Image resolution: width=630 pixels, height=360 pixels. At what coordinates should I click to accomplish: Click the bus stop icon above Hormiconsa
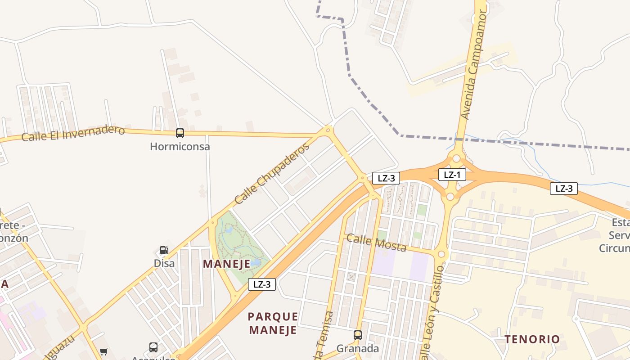coord(180,133)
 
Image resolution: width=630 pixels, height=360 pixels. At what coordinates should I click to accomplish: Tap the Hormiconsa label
coord(180,146)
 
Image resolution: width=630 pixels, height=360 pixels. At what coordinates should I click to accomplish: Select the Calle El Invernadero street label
coord(73,133)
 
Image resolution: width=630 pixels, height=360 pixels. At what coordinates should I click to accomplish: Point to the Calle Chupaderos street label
coord(272,173)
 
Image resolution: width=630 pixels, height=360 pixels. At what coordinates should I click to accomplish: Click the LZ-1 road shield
coord(452,175)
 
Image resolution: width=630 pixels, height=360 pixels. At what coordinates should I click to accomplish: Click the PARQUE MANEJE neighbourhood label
coord(273,323)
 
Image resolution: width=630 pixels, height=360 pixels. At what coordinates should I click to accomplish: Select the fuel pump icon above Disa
coord(164,250)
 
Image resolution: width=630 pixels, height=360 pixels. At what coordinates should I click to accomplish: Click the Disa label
coord(164,263)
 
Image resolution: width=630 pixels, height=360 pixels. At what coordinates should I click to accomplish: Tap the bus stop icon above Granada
coord(358,335)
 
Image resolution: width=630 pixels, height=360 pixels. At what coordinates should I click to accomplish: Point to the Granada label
coord(358,348)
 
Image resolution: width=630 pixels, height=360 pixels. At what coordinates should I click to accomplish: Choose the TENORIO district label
coord(532,339)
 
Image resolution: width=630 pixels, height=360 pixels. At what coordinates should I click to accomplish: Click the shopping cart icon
coord(104,351)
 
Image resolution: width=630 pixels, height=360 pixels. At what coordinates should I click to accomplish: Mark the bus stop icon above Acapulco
coord(153,347)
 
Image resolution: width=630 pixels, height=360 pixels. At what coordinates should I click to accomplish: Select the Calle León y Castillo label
coord(433,310)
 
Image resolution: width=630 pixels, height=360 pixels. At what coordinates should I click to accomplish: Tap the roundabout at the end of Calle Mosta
coord(441,254)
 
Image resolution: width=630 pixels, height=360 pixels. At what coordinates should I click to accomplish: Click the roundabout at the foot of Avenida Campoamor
coord(456,158)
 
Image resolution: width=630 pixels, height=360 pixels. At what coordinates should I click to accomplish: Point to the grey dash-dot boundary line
coord(517,143)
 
